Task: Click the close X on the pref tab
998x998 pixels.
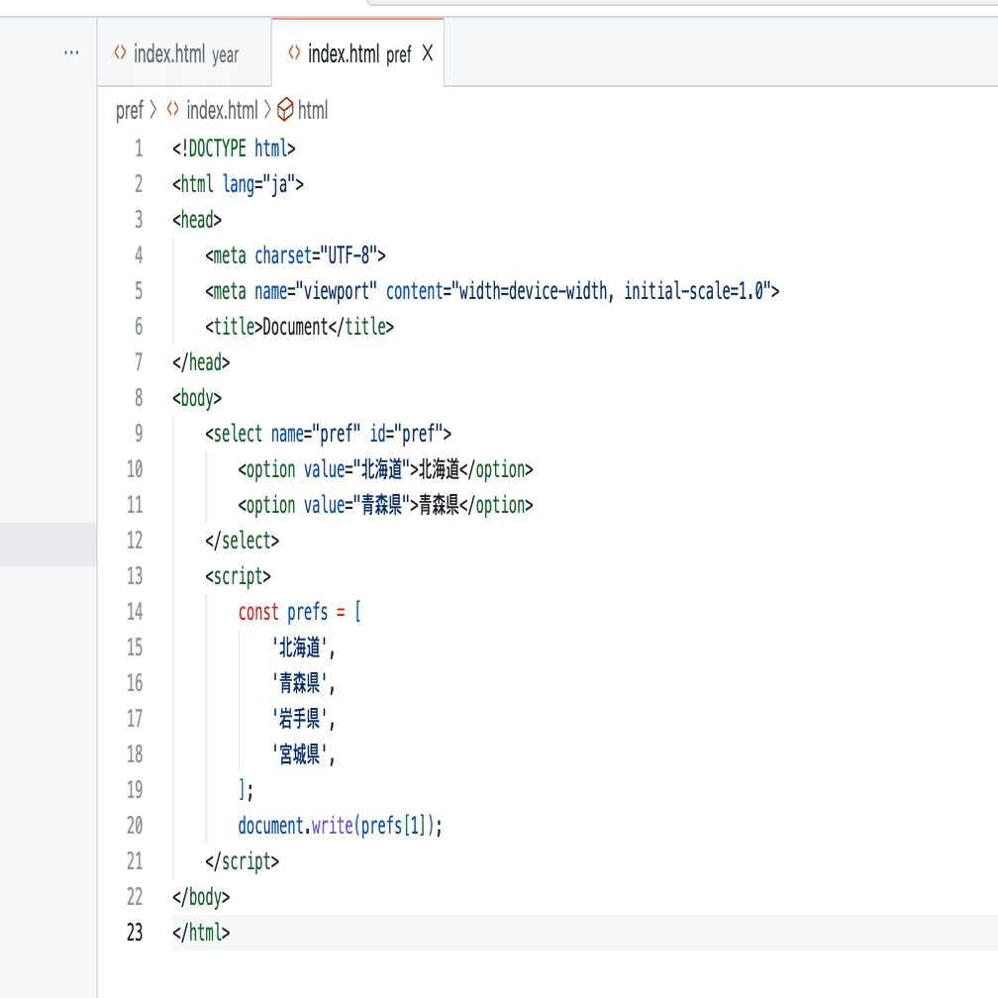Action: point(428,53)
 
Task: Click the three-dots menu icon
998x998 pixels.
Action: point(71,53)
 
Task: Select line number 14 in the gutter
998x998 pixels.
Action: point(135,612)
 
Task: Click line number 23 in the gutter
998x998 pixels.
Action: point(135,933)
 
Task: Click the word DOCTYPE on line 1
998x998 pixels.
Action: point(217,149)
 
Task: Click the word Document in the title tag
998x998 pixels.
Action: point(294,327)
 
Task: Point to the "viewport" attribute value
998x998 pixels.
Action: point(340,291)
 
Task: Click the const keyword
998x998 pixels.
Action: point(258,612)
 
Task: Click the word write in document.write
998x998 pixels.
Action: point(332,826)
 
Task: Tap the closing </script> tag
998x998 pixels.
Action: point(243,861)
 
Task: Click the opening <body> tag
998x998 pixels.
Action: point(197,398)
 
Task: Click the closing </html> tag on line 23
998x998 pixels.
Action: point(201,933)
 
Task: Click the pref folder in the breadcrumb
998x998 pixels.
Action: point(129,110)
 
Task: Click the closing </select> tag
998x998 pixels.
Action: point(243,541)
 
